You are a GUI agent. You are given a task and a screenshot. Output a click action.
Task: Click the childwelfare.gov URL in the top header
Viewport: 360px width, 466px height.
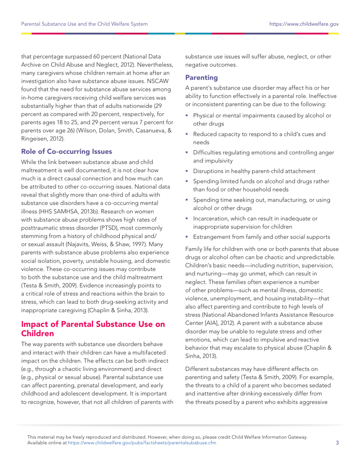point(304,24)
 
